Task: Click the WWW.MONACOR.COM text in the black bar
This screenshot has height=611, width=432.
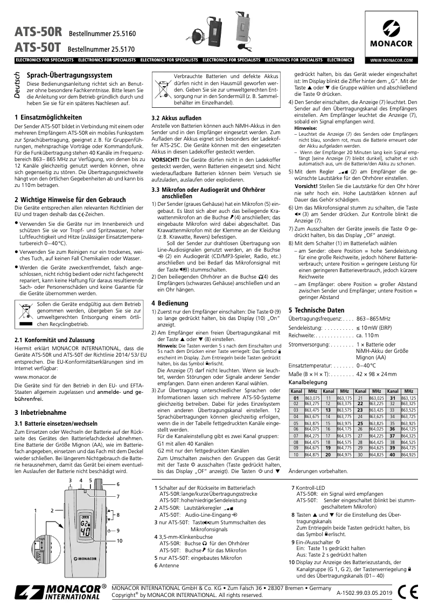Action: point(392,60)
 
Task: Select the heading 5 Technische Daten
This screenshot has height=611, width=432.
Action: point(316,310)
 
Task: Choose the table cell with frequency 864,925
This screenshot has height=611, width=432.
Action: point(409,455)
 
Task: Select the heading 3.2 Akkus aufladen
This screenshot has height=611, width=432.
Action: point(177,117)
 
